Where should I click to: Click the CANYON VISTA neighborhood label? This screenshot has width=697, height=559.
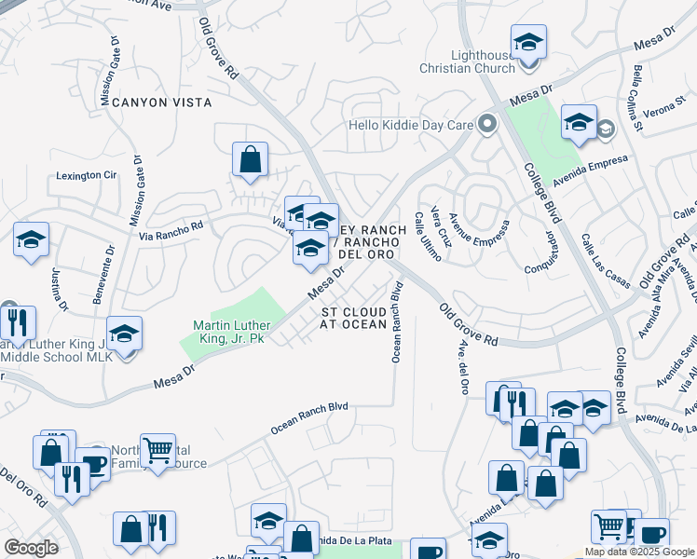point(161,102)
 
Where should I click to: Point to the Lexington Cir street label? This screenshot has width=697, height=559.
point(86,175)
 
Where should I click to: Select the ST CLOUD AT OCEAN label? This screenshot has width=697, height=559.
point(354,318)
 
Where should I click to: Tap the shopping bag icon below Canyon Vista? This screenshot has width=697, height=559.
point(250,159)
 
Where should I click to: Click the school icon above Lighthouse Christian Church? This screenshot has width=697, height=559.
point(528,42)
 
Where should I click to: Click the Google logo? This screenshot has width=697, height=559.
point(31,548)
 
